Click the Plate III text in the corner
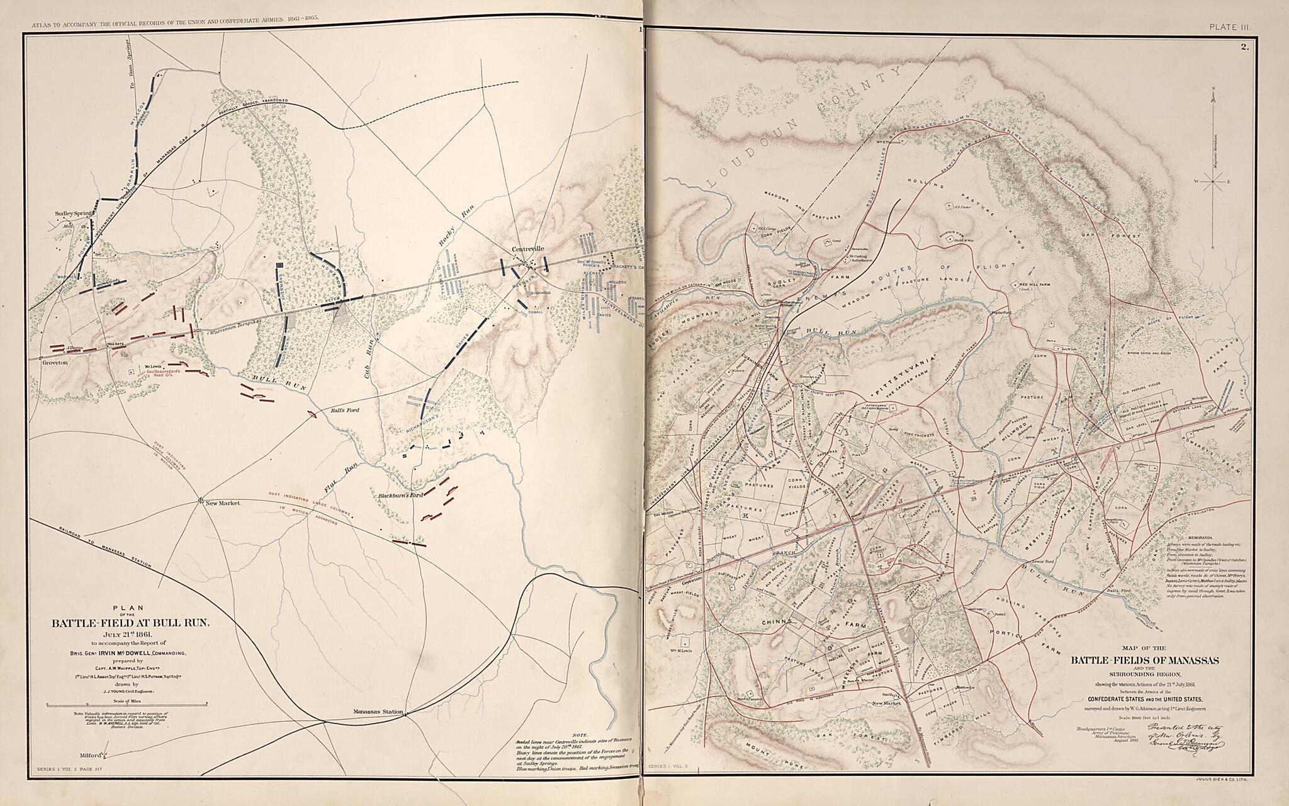[x=1222, y=26]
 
